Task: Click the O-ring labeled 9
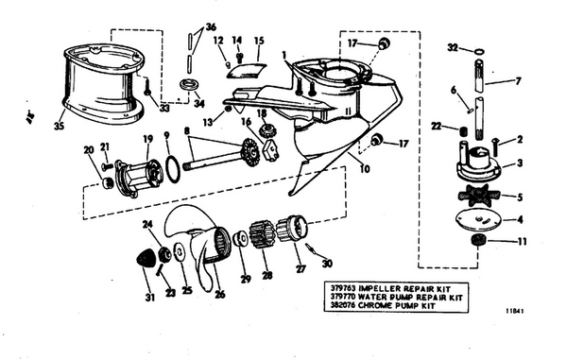tap(172, 171)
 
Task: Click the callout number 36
tap(210, 27)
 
